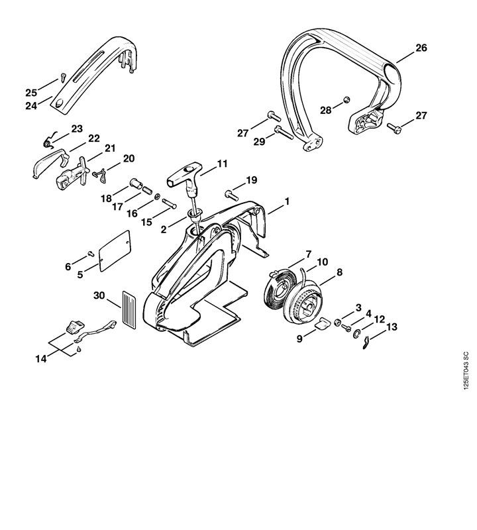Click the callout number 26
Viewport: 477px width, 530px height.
(422, 48)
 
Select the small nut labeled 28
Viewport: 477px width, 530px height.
(346, 101)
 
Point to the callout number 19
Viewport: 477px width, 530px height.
(251, 180)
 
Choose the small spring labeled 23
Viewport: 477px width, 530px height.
(47, 140)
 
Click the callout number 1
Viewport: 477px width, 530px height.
(288, 200)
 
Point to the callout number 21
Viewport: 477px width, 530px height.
(110, 148)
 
